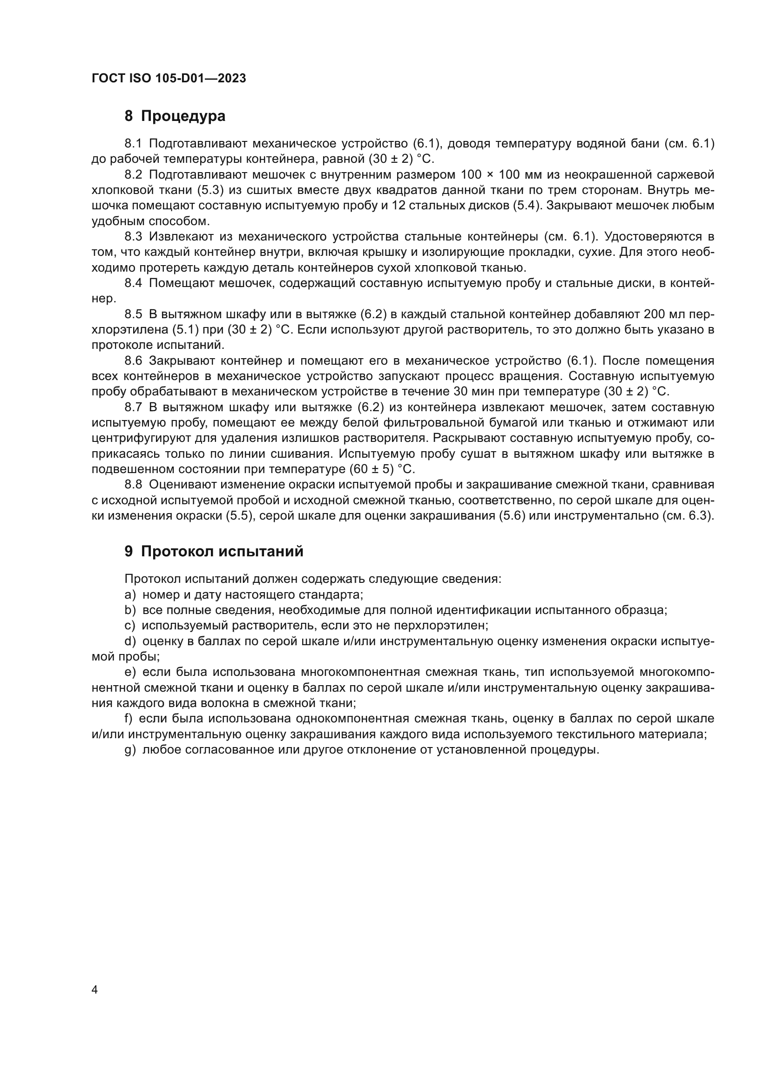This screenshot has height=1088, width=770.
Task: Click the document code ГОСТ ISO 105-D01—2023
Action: pos(169,79)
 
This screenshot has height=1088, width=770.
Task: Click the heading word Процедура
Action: pos(183,116)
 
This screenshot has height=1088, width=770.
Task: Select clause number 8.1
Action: pos(133,144)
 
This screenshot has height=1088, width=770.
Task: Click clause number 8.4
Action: pos(133,283)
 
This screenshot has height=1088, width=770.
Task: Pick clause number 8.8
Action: pos(133,485)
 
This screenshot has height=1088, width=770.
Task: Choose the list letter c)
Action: pos(130,626)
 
